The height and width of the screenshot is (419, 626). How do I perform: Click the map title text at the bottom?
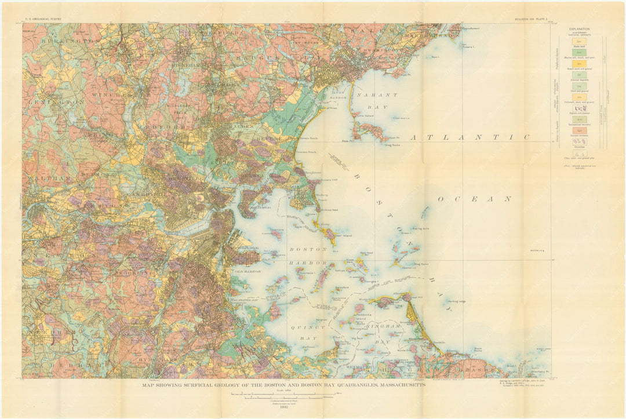pos(284,385)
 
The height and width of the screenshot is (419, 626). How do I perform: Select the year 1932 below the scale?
pos(284,406)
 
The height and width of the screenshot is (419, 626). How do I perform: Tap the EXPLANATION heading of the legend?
pos(578,29)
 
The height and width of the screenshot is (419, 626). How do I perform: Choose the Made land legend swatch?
pos(580,41)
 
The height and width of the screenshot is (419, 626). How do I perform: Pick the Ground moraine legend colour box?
pos(580,132)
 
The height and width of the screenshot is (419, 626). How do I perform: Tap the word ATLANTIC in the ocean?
pos(470,137)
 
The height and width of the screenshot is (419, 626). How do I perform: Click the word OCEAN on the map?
pos(475,199)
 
